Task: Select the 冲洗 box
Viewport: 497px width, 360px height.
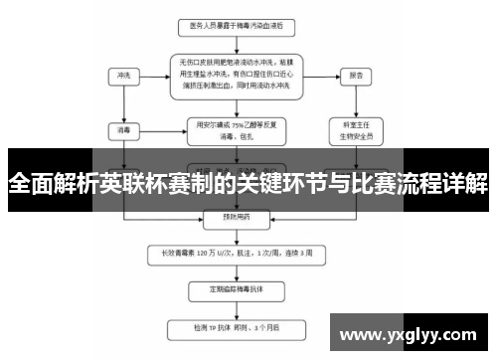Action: (x=122, y=76)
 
